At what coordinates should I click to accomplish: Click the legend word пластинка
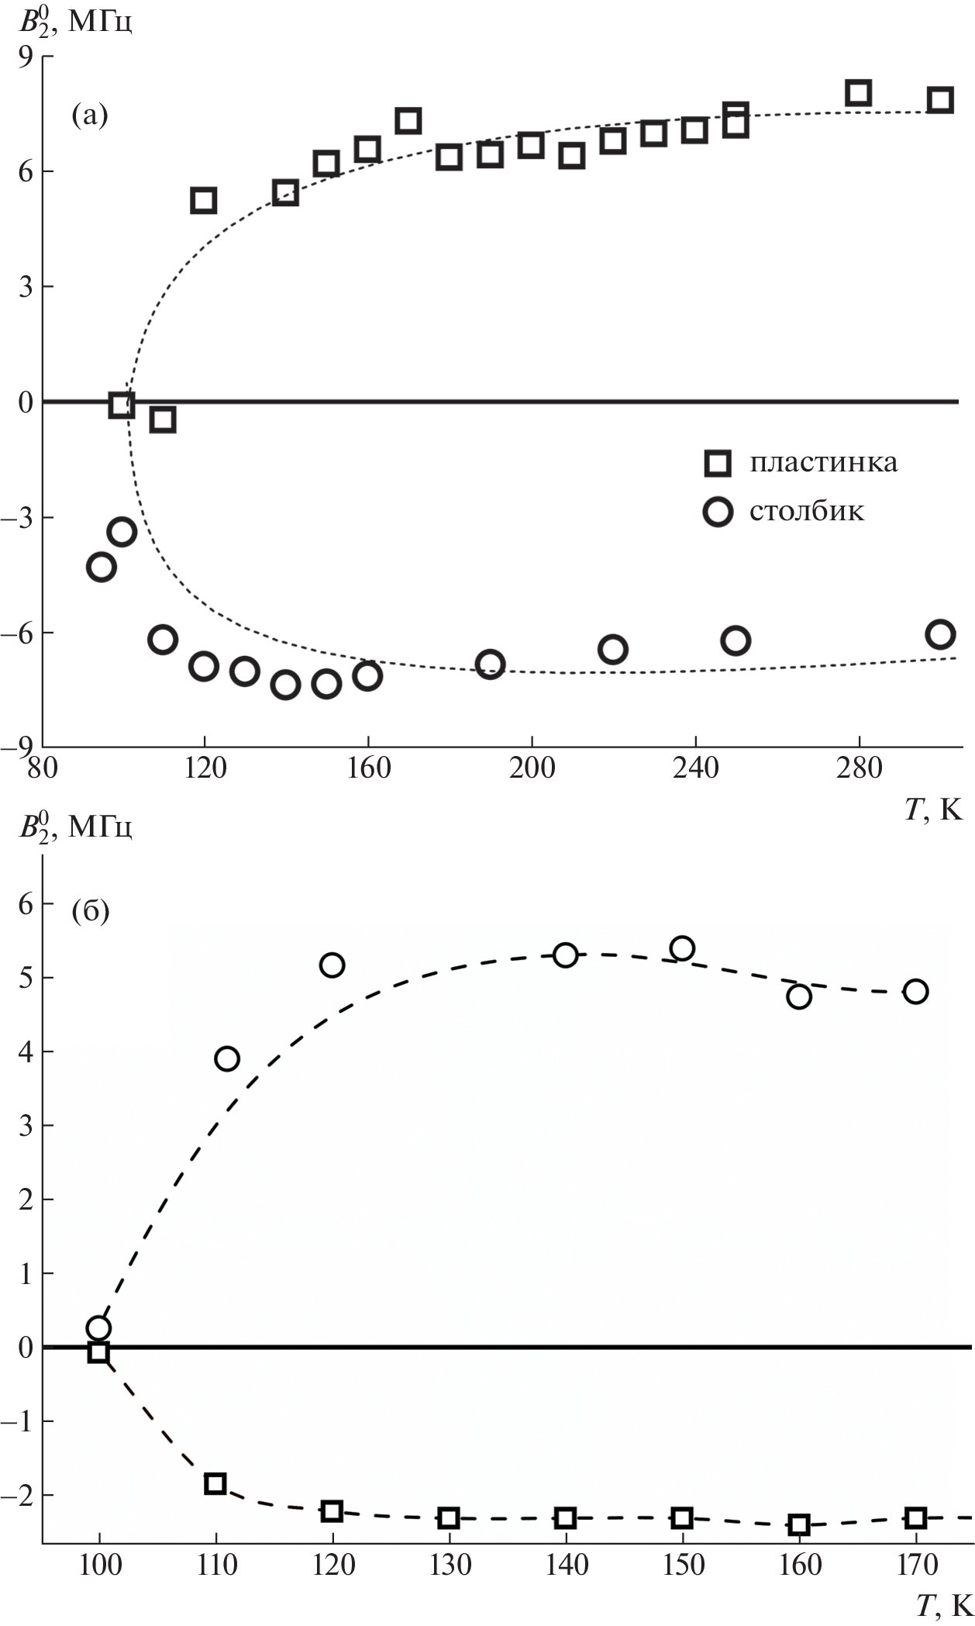[823, 463]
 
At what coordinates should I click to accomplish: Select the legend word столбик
[806, 512]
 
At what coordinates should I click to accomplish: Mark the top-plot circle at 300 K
[940, 633]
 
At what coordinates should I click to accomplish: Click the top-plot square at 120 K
[203, 200]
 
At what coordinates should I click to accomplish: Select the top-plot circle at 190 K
[490, 664]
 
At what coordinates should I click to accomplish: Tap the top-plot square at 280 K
[858, 92]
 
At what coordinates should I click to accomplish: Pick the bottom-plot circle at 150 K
[682, 948]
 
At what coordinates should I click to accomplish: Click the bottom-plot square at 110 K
[215, 1483]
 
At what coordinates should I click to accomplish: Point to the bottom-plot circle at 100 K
[98, 1327]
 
